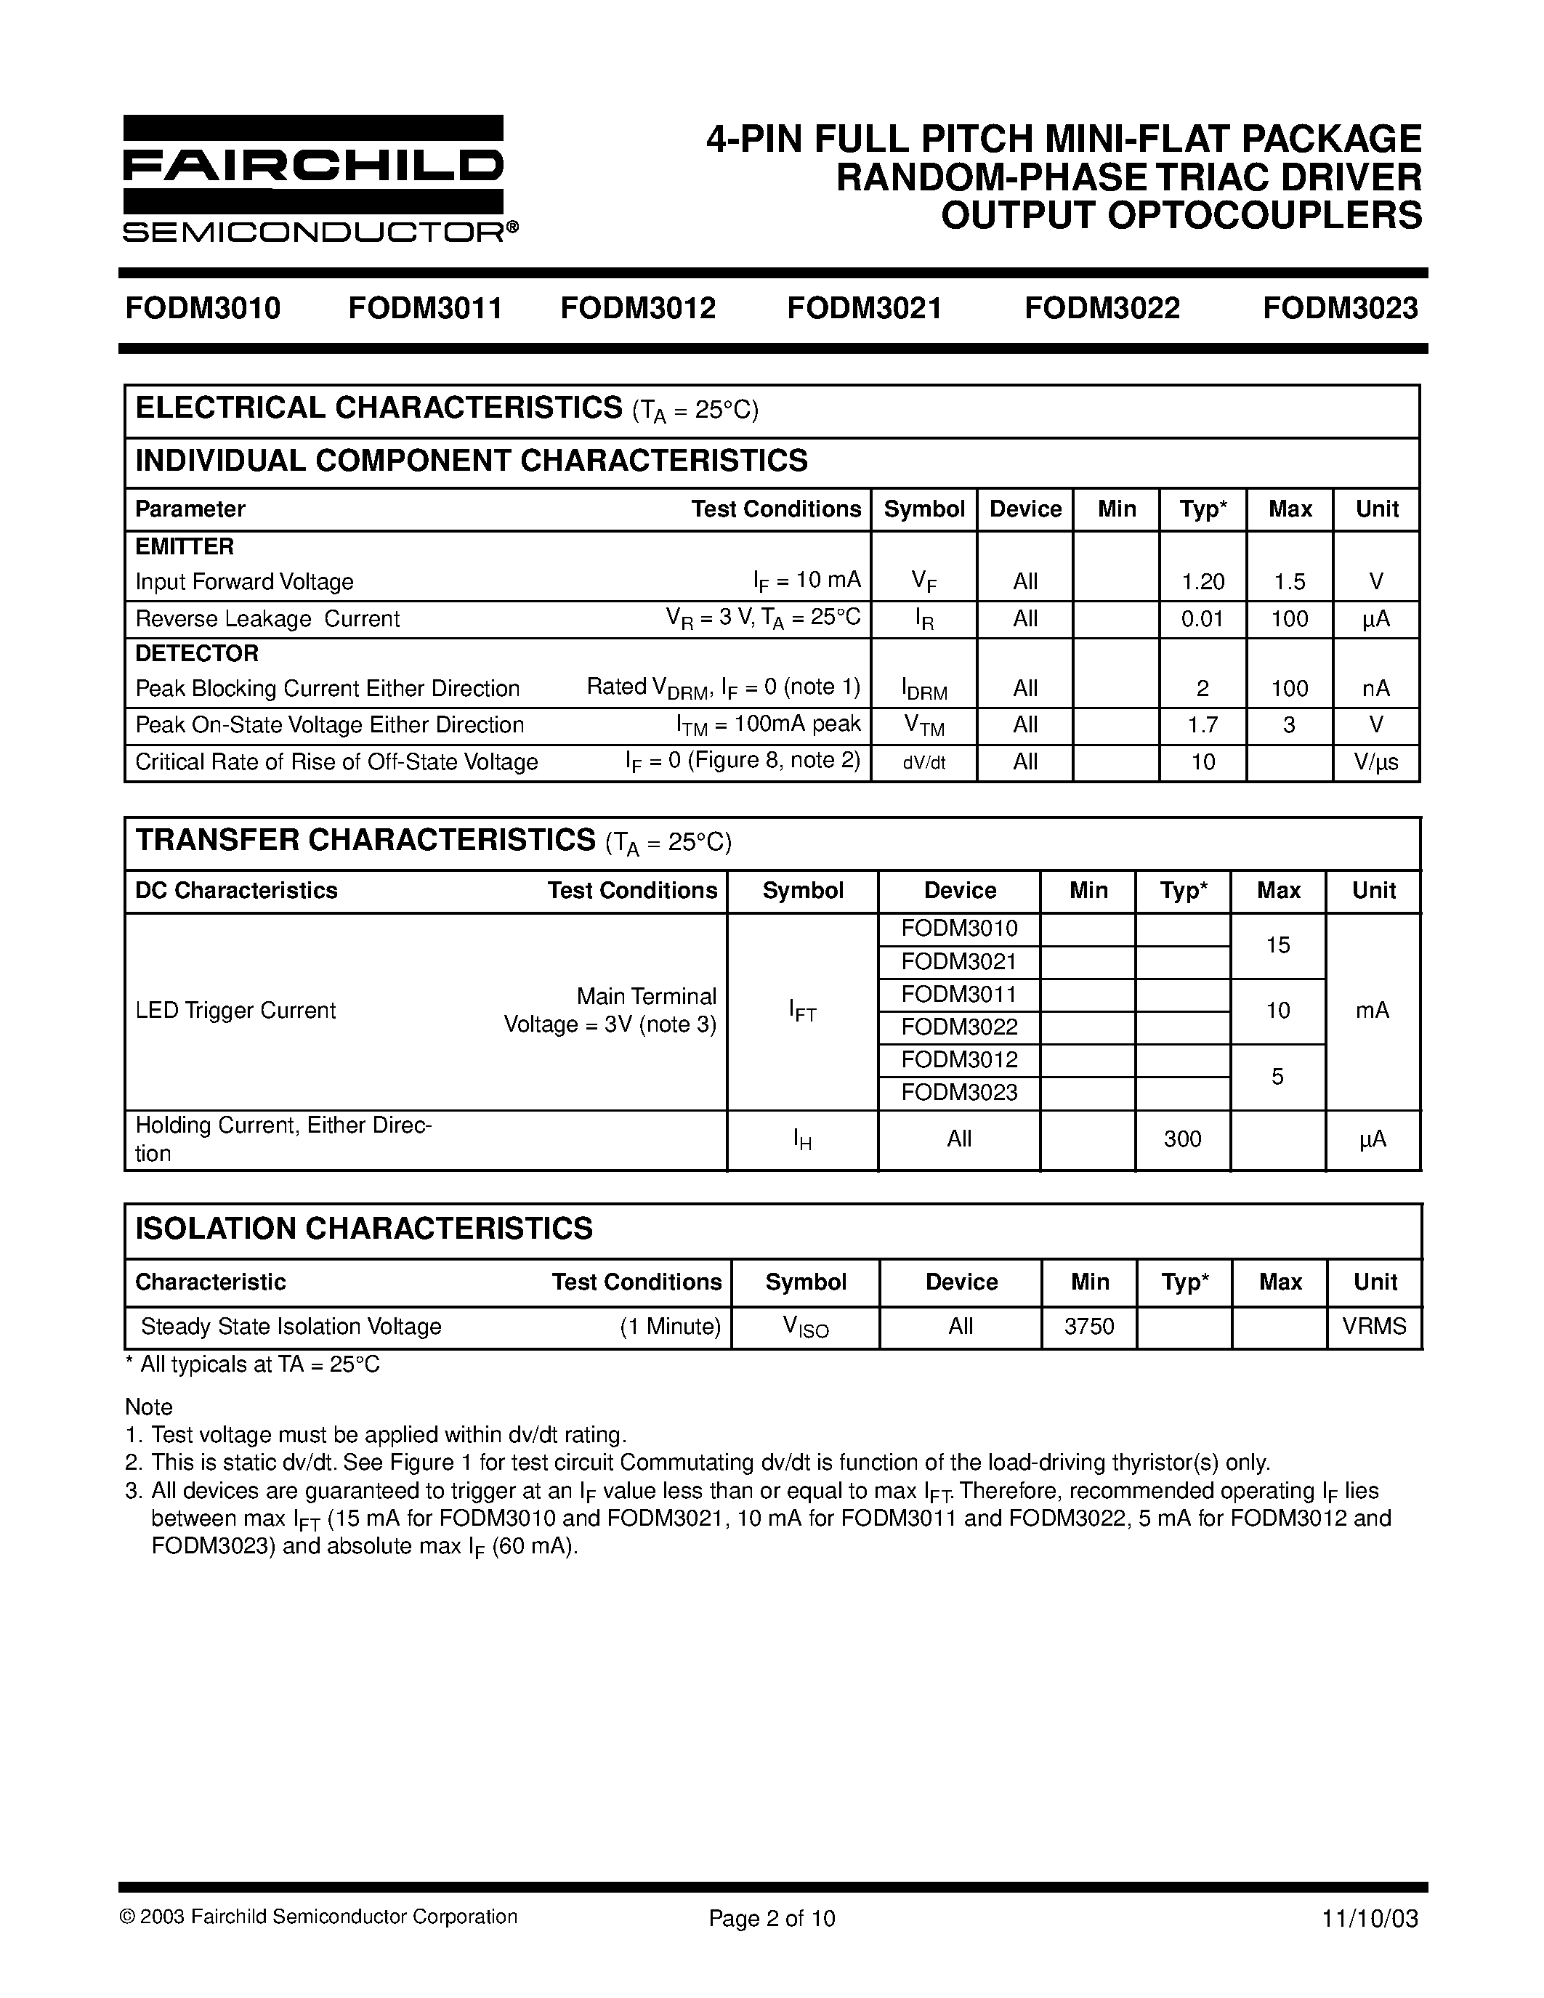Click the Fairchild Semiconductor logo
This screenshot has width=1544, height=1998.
314,179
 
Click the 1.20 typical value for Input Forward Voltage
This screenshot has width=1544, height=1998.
1203,582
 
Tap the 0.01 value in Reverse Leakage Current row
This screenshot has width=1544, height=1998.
1202,619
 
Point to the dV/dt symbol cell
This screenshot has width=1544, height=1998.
923,763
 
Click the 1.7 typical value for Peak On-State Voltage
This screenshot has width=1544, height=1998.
1203,726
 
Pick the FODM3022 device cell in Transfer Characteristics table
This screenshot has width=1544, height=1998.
958,1027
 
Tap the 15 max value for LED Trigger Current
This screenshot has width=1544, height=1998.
1278,945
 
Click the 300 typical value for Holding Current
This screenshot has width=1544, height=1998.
1181,1139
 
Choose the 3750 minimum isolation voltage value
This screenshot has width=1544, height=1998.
1089,1327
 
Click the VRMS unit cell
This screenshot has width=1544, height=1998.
1374,1327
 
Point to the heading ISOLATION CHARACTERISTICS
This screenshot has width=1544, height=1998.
364,1229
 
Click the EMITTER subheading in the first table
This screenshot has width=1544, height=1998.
185,547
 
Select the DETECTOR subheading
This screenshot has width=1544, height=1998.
197,653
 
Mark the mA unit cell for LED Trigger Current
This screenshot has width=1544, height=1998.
1372,1010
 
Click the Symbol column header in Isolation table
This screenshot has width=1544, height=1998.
806,1282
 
